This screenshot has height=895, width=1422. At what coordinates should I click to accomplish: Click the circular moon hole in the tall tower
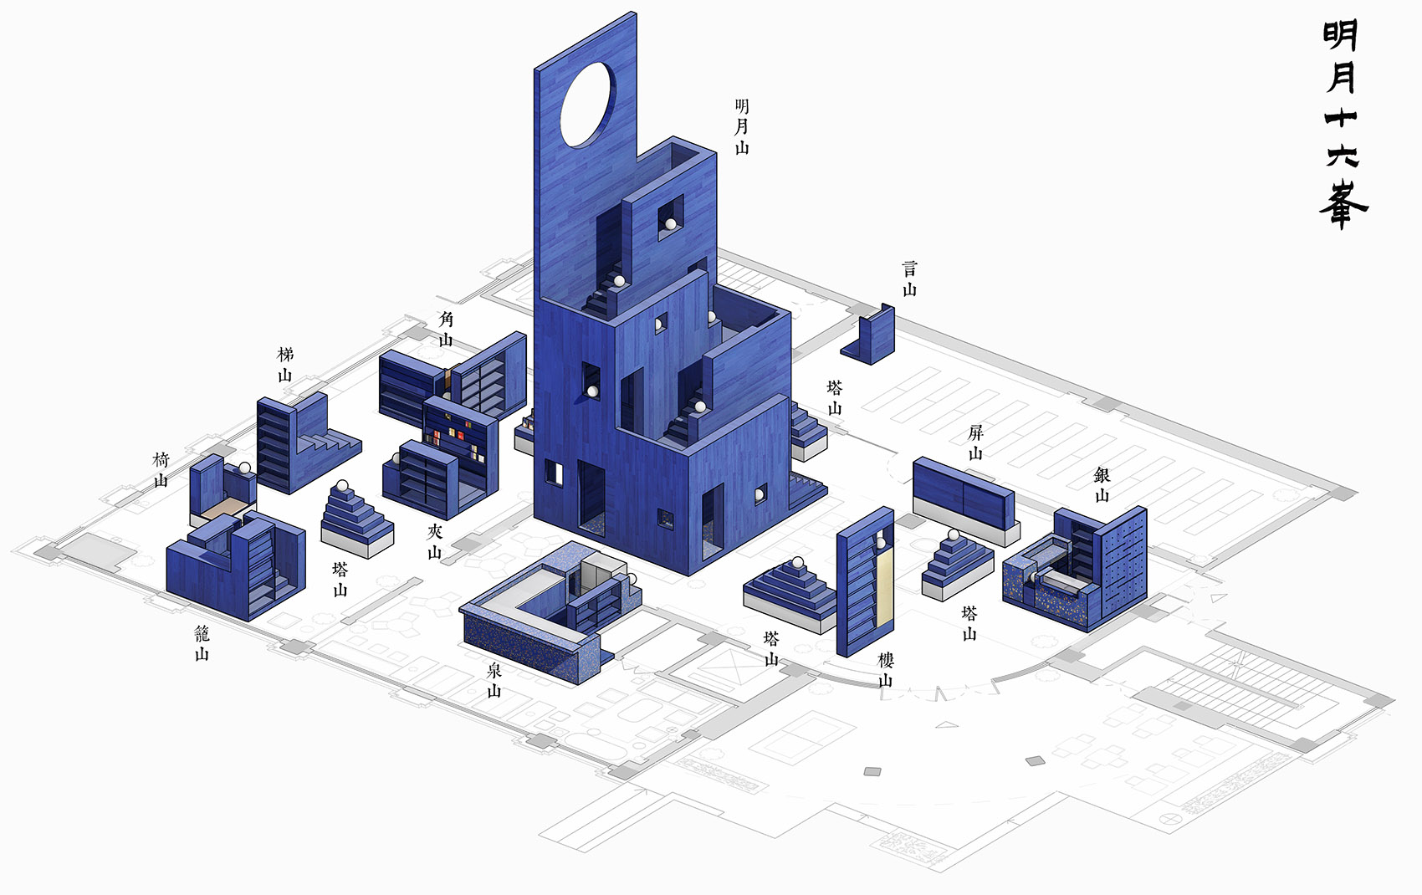click(x=588, y=105)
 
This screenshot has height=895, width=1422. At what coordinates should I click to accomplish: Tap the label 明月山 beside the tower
click(x=741, y=127)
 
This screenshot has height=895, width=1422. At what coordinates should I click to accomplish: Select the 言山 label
click(x=910, y=279)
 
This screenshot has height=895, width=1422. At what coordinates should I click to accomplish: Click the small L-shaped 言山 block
click(x=871, y=335)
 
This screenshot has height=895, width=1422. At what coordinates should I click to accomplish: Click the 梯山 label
click(x=285, y=365)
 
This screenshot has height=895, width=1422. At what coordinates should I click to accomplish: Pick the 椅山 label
click(x=161, y=470)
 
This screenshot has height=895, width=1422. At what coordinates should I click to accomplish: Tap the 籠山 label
click(x=202, y=643)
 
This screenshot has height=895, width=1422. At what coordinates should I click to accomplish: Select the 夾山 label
click(x=434, y=541)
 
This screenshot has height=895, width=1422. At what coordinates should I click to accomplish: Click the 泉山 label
click(x=494, y=680)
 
